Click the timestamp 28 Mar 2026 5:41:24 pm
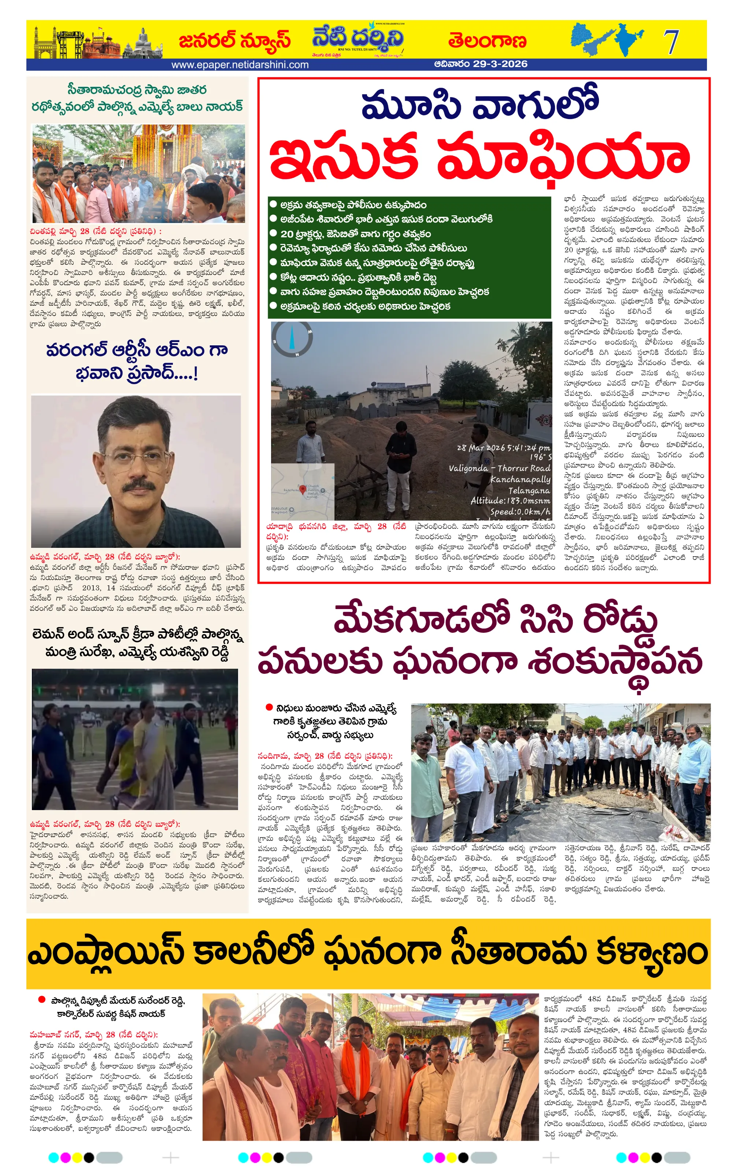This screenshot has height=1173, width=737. (x=503, y=447)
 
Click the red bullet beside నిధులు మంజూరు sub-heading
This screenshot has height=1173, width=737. (x=269, y=707)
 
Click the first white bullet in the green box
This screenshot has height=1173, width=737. (x=273, y=205)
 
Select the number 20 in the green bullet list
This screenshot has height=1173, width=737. (x=286, y=234)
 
